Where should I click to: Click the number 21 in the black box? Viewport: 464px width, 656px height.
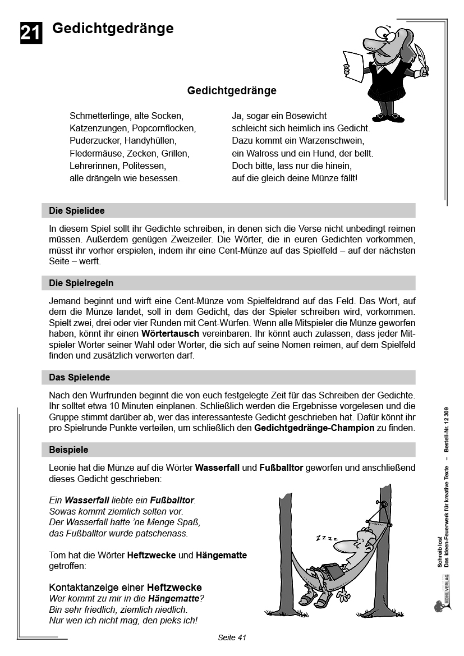pos(31,33)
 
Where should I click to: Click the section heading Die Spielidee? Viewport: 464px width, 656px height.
pos(77,211)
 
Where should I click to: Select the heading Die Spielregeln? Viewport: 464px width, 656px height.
pos(81,283)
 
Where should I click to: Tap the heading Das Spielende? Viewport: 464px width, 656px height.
pos(79,377)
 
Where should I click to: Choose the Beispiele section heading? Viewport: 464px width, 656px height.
pos(68,449)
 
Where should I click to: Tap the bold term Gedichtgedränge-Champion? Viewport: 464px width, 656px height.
pos(314,428)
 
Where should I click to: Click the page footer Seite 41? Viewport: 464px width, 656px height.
pos(232,637)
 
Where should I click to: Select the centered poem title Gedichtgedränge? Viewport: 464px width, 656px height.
pos(232,90)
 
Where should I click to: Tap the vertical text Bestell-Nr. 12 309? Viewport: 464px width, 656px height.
pos(447,430)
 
